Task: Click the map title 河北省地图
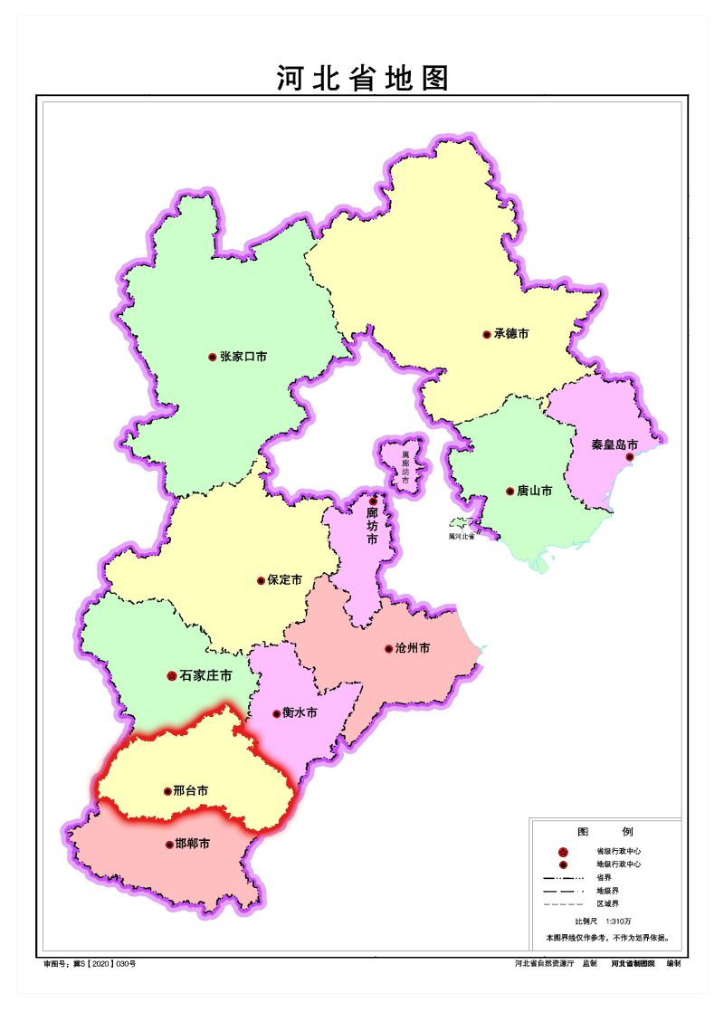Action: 362,79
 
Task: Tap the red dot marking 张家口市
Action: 213,357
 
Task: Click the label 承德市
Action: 511,334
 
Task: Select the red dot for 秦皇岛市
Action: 630,457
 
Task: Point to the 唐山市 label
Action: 534,492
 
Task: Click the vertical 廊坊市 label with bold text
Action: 372,526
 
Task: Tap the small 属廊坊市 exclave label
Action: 405,463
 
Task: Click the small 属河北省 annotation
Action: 462,536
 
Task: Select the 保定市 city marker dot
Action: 262,580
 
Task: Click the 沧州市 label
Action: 412,649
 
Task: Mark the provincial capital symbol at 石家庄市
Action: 172,675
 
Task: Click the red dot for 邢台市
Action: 167,791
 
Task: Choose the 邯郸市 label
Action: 192,845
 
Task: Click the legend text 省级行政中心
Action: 618,852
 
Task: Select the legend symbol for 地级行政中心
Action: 563,864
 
